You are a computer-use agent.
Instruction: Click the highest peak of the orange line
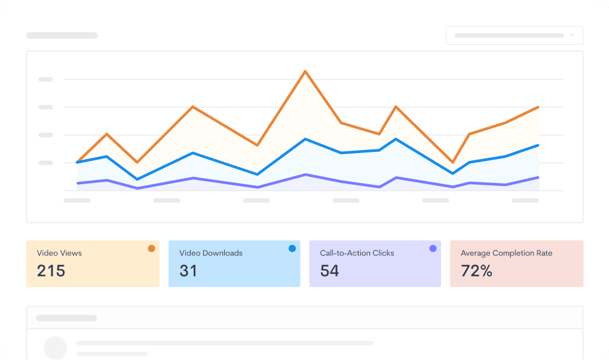click(305, 72)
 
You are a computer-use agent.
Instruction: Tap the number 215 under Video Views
click(51, 271)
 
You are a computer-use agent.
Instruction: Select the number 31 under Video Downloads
click(188, 271)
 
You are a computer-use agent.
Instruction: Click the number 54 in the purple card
click(329, 271)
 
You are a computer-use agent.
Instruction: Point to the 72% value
click(476, 271)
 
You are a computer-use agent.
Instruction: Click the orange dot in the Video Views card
click(151, 248)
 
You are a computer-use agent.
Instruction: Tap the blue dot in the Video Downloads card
click(292, 248)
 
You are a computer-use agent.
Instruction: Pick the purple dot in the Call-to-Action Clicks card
click(433, 248)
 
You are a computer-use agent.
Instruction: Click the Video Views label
click(59, 253)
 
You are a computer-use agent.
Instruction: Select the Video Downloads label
click(211, 253)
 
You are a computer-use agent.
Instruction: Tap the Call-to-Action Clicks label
click(357, 253)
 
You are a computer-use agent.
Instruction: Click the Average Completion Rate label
click(506, 253)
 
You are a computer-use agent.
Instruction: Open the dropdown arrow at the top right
click(572, 35)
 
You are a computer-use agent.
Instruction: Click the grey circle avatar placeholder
click(56, 347)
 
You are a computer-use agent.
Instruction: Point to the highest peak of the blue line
click(305, 139)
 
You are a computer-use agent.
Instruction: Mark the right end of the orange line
click(538, 107)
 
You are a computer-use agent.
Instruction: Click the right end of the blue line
click(538, 145)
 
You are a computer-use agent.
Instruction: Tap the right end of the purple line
click(538, 178)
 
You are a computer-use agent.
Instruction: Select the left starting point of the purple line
click(78, 183)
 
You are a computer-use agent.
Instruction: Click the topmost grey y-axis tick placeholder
click(46, 79)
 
